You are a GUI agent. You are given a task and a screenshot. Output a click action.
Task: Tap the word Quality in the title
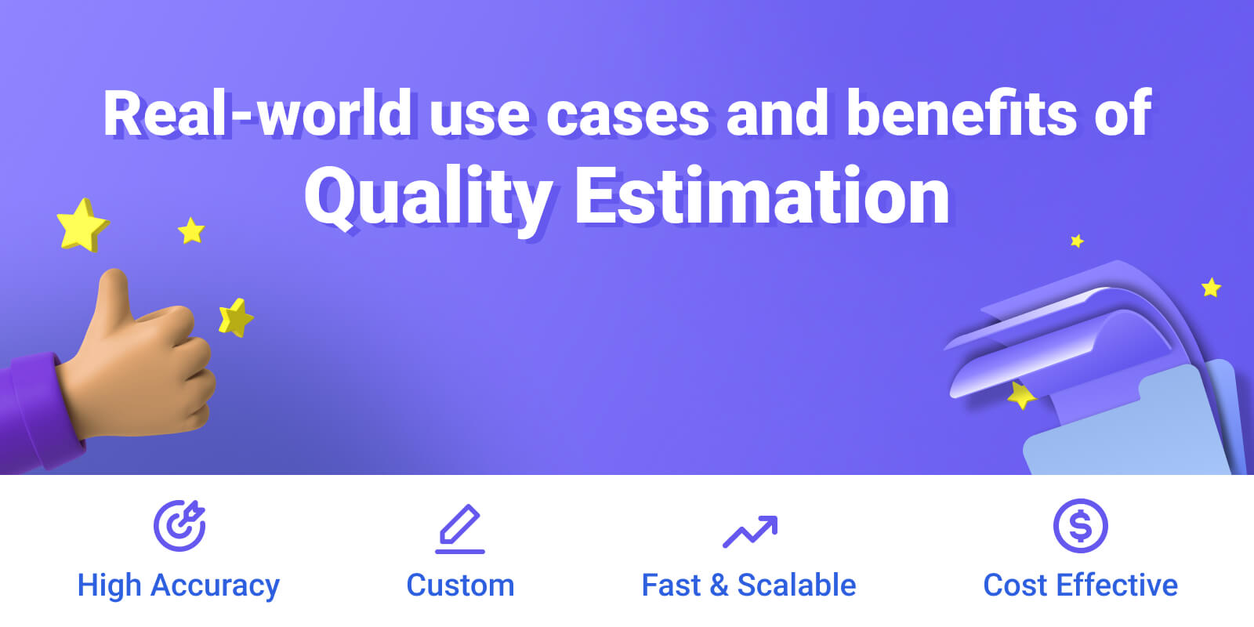tap(429, 199)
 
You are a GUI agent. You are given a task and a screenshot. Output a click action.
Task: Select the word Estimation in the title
tap(762, 195)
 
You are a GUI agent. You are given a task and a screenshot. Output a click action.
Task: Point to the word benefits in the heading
tap(962, 113)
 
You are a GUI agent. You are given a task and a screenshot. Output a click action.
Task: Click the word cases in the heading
tap(628, 117)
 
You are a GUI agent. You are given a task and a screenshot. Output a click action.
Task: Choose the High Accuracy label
tap(179, 586)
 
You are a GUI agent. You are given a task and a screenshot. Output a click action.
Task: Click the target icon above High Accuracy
tap(179, 526)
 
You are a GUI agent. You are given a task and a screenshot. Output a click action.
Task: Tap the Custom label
tap(460, 585)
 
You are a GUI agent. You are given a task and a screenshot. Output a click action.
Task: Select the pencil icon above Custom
tap(459, 528)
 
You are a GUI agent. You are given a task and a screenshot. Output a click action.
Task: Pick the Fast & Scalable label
tap(749, 585)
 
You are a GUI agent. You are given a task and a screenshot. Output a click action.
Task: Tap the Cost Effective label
tap(1081, 585)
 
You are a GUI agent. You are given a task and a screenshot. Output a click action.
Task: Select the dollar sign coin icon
tap(1081, 526)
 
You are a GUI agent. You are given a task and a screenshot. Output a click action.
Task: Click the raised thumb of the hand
tap(114, 303)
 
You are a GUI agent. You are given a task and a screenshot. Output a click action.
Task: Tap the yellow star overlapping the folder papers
tap(1021, 395)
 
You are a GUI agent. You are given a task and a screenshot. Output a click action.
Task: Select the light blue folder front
tap(1125, 426)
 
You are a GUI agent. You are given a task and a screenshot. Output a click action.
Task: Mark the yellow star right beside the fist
tap(236, 318)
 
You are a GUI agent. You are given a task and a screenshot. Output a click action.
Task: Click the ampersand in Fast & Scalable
tap(719, 585)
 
